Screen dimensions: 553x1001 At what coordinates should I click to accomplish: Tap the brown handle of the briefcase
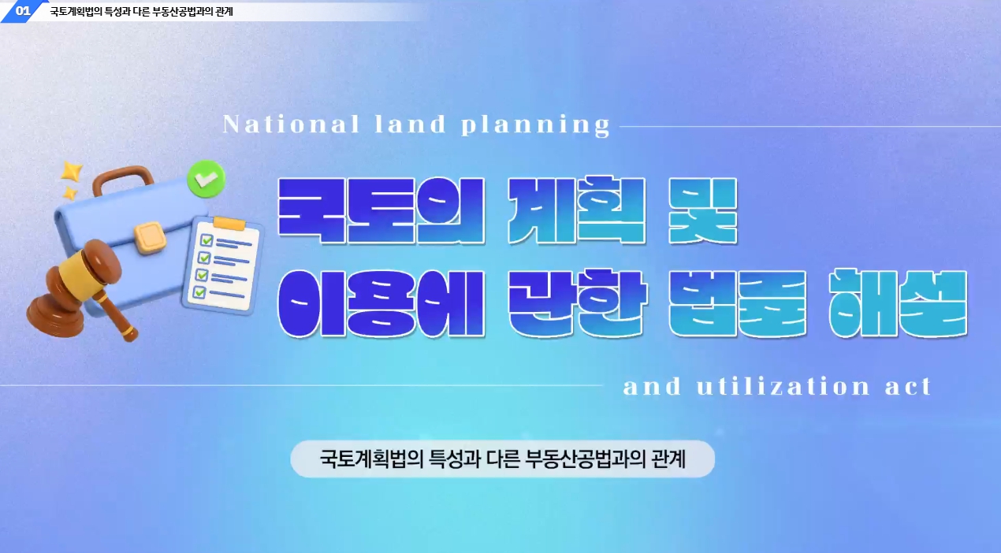coord(122,179)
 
